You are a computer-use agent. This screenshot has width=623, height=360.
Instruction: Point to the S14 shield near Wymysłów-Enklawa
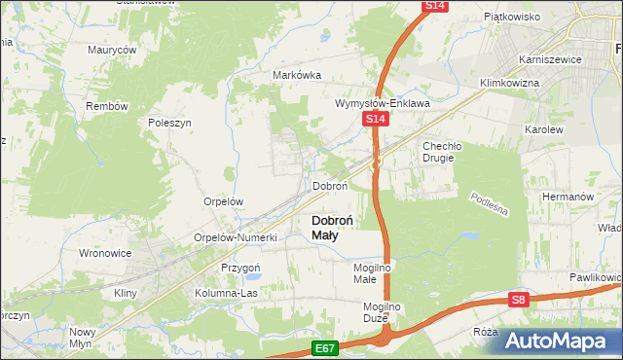(377, 119)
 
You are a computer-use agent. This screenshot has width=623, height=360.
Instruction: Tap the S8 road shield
(521, 301)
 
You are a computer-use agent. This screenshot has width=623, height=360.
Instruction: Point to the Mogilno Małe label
(371, 272)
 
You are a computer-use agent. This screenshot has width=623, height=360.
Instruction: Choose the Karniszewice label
(550, 59)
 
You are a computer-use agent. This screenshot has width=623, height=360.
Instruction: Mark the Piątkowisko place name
(512, 17)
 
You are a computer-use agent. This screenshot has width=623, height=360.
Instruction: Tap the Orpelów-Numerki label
(236, 236)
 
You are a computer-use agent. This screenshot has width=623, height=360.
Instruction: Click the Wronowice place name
(105, 253)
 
